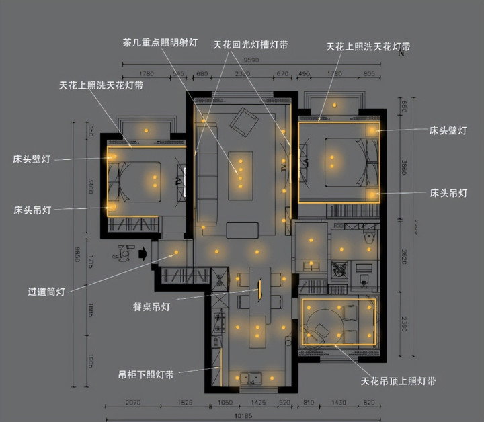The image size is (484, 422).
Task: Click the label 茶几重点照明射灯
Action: click(160, 42)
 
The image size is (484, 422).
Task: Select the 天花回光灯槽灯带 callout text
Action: click(251, 45)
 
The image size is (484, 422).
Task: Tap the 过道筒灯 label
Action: click(46, 292)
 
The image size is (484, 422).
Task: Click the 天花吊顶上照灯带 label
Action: click(398, 381)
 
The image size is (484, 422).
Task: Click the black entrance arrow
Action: click(143, 255)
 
